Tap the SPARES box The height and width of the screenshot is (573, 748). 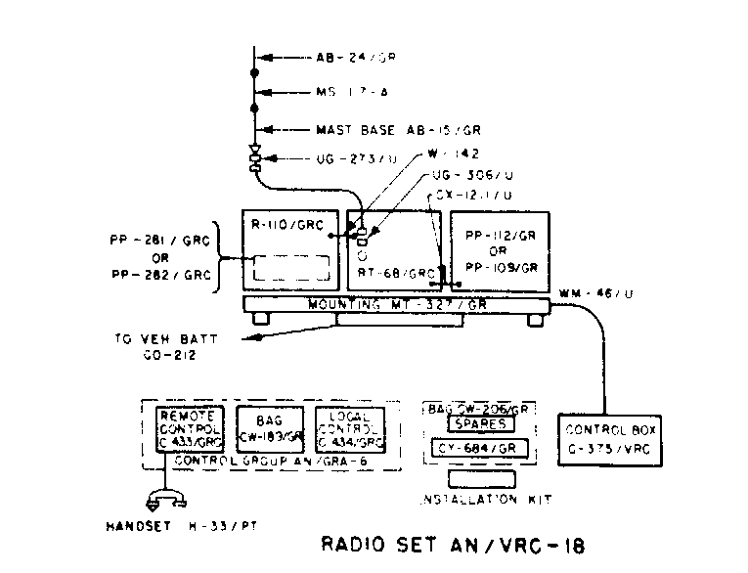tap(479, 424)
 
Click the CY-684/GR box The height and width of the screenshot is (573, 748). tap(479, 449)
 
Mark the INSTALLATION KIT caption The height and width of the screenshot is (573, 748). tap(484, 501)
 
